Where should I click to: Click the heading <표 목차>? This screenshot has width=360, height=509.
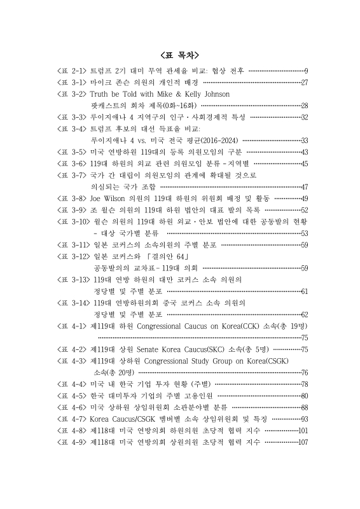[x=180, y=55]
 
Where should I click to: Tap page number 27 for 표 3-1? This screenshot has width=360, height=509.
[x=304, y=83]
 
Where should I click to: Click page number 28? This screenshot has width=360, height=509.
[x=304, y=106]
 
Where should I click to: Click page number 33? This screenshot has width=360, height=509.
[x=304, y=141]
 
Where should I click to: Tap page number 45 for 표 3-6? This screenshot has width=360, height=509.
[x=304, y=164]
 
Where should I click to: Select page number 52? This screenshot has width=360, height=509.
[x=304, y=210]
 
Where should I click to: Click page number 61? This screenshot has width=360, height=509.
[x=304, y=291]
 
